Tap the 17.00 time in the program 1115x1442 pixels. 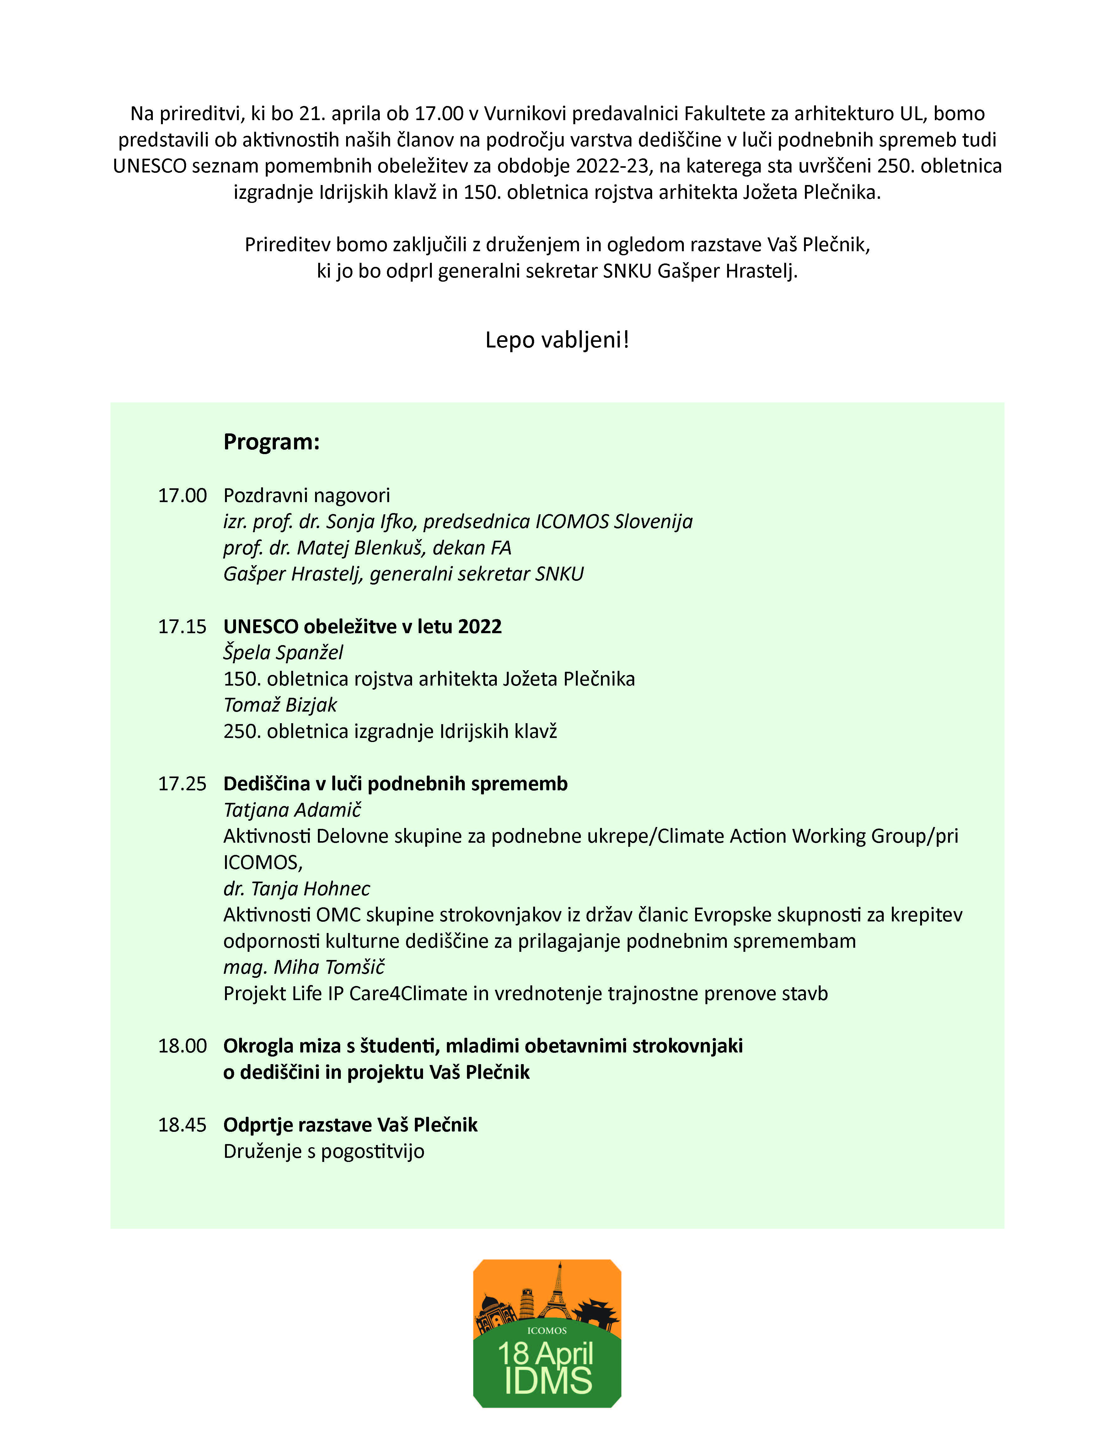click(x=182, y=495)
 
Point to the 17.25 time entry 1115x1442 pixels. click(x=182, y=784)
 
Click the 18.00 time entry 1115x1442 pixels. click(x=182, y=1046)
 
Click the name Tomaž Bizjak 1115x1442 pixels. click(x=280, y=705)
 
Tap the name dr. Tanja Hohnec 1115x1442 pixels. click(x=297, y=889)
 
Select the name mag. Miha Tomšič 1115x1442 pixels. click(x=304, y=967)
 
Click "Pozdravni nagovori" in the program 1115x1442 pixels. click(x=307, y=495)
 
